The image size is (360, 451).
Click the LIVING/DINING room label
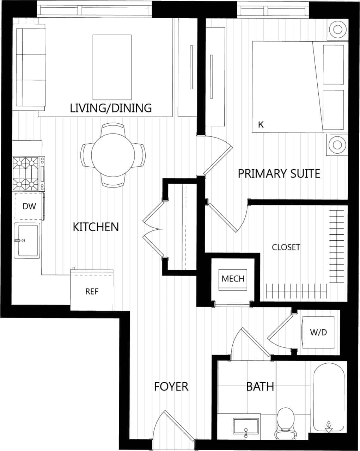coord(111,108)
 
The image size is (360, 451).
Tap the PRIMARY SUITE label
coord(279,174)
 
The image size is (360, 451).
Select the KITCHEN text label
coord(96,227)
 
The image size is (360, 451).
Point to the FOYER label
coord(171,387)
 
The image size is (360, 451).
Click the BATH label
coord(260,387)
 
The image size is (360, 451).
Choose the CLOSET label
coord(286,247)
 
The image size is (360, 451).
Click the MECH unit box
coord(233,279)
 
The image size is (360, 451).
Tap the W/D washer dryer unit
coord(318,332)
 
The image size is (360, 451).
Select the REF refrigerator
coord(92,291)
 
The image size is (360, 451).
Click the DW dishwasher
coord(29,206)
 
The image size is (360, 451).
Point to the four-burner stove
coord(26,174)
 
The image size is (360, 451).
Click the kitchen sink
coord(27,240)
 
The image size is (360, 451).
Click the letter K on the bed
coord(261,125)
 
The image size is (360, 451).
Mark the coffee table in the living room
coord(112,67)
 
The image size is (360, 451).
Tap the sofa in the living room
coord(31,67)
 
